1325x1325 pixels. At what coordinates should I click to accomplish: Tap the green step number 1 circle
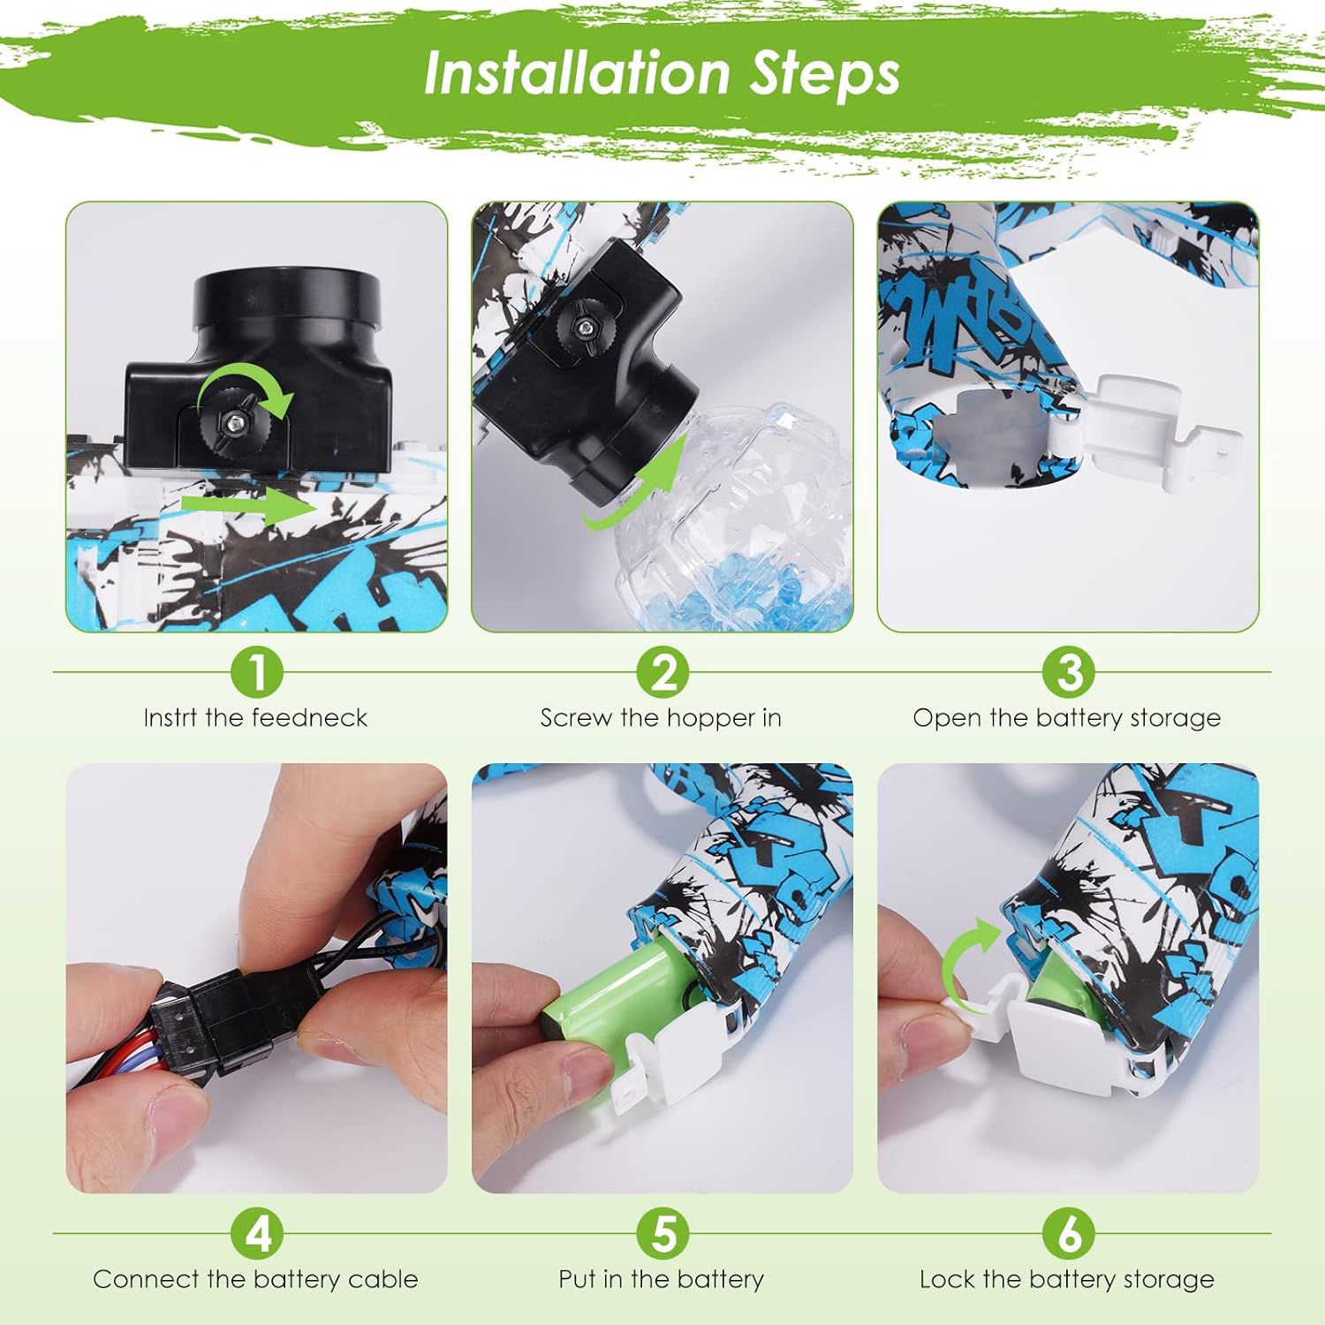tap(256, 672)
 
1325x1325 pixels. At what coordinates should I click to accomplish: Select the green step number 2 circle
tap(662, 672)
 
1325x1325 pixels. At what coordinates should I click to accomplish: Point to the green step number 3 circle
tap(1068, 672)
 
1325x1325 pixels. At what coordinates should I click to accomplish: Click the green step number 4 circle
tap(256, 1233)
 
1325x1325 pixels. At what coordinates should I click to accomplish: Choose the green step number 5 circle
tap(662, 1233)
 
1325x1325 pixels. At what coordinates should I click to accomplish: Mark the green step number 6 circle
tap(1068, 1233)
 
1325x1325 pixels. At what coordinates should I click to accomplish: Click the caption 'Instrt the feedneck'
tap(255, 717)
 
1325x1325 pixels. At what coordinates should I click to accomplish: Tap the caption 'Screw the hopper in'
tap(662, 717)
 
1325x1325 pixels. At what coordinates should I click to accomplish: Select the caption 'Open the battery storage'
tap(1067, 718)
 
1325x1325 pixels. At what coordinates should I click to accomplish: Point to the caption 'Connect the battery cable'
tap(255, 1279)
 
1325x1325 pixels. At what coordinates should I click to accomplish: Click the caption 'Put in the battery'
tap(662, 1279)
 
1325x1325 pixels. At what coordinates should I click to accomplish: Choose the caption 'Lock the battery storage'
tap(1067, 1279)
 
